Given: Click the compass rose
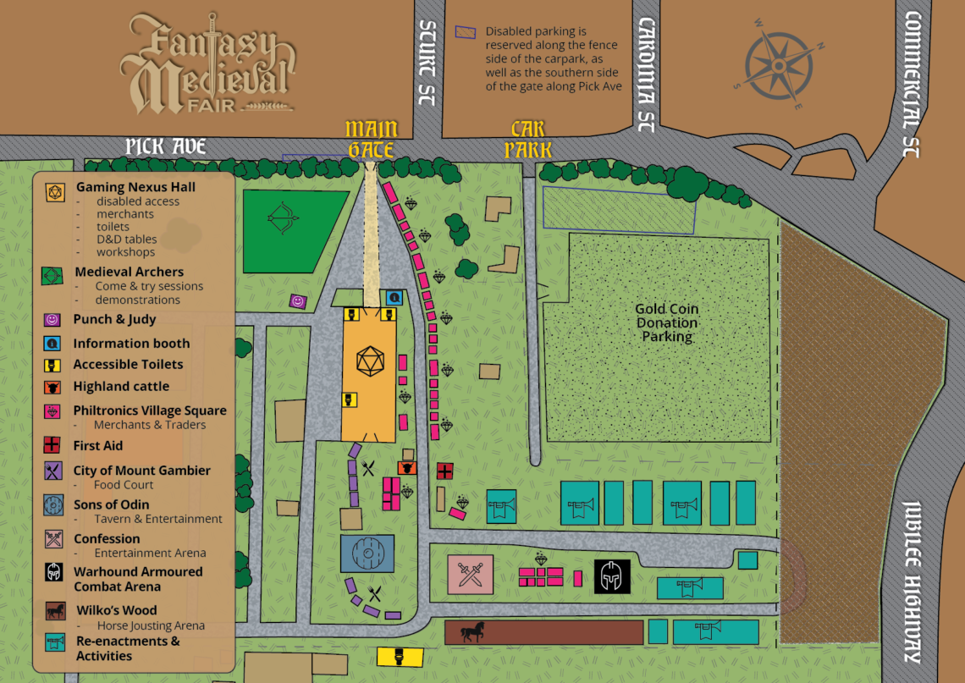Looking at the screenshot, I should [x=779, y=66].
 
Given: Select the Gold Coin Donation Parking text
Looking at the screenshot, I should [x=667, y=322].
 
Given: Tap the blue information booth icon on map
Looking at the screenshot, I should [x=394, y=298].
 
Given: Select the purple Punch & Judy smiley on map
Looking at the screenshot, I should [x=297, y=300].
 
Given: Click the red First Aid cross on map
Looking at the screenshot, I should [x=444, y=471].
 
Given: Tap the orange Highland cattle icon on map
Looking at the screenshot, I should [x=407, y=467].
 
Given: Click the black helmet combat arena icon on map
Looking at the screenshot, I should [x=611, y=576].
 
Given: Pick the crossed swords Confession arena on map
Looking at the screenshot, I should [x=470, y=575].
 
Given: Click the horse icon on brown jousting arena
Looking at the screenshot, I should [x=471, y=631].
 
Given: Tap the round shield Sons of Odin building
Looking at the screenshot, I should [x=367, y=554].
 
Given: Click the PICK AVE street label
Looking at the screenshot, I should [x=166, y=146].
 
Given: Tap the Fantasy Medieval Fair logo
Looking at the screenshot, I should [x=207, y=63].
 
